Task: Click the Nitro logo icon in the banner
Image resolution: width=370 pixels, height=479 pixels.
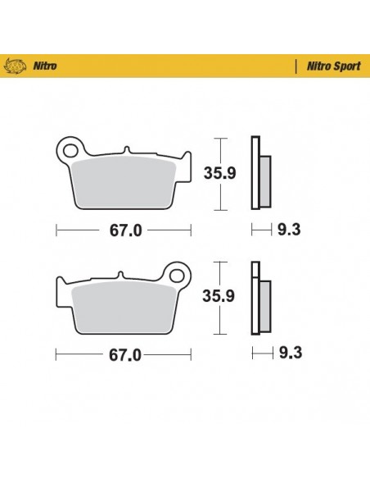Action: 17,64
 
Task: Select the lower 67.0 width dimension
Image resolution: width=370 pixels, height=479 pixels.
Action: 124,354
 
